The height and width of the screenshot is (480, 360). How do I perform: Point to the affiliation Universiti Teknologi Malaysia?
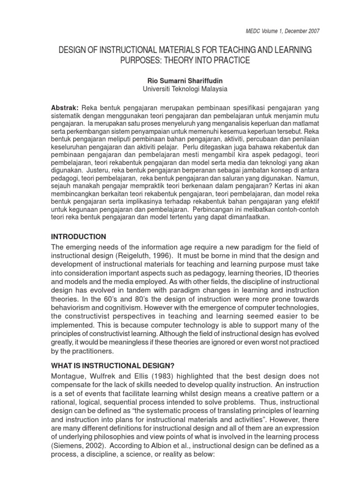(x=180, y=88)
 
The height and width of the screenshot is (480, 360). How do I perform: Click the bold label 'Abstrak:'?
(x=65, y=107)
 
